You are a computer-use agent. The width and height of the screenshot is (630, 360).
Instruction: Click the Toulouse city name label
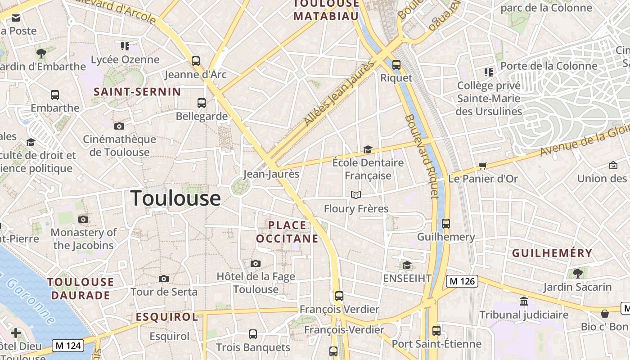click(175, 198)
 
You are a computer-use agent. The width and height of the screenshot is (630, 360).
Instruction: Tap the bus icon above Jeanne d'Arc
click(196, 61)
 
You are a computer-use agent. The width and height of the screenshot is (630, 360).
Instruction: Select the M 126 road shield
click(462, 281)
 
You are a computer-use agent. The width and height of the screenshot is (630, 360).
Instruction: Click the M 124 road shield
click(68, 346)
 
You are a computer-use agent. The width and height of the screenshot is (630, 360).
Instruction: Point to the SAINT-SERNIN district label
click(137, 92)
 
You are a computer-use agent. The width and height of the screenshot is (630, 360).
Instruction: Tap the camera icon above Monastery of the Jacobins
click(83, 220)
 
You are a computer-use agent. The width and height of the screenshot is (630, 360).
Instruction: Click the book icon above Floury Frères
click(356, 195)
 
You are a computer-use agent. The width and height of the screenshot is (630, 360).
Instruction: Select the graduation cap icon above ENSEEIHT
click(407, 265)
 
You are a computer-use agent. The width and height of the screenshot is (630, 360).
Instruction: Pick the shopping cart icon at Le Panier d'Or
click(483, 166)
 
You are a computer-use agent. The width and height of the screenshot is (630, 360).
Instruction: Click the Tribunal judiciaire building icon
click(523, 301)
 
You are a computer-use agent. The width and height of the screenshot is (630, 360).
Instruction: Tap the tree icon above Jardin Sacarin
click(577, 273)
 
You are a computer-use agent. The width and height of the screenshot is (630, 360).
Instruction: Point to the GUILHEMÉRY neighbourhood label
click(552, 253)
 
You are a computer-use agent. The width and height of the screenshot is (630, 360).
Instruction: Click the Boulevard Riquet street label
click(422, 156)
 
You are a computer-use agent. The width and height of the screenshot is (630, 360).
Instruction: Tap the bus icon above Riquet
click(396, 64)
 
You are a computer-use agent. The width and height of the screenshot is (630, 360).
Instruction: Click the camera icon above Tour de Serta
click(164, 279)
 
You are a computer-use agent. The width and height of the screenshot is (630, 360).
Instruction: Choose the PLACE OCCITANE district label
click(287, 232)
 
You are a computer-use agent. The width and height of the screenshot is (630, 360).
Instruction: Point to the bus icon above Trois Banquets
click(253, 334)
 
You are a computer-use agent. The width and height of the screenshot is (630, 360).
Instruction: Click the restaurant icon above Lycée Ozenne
click(125, 46)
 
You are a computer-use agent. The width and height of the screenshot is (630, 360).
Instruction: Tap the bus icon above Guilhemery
click(446, 223)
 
